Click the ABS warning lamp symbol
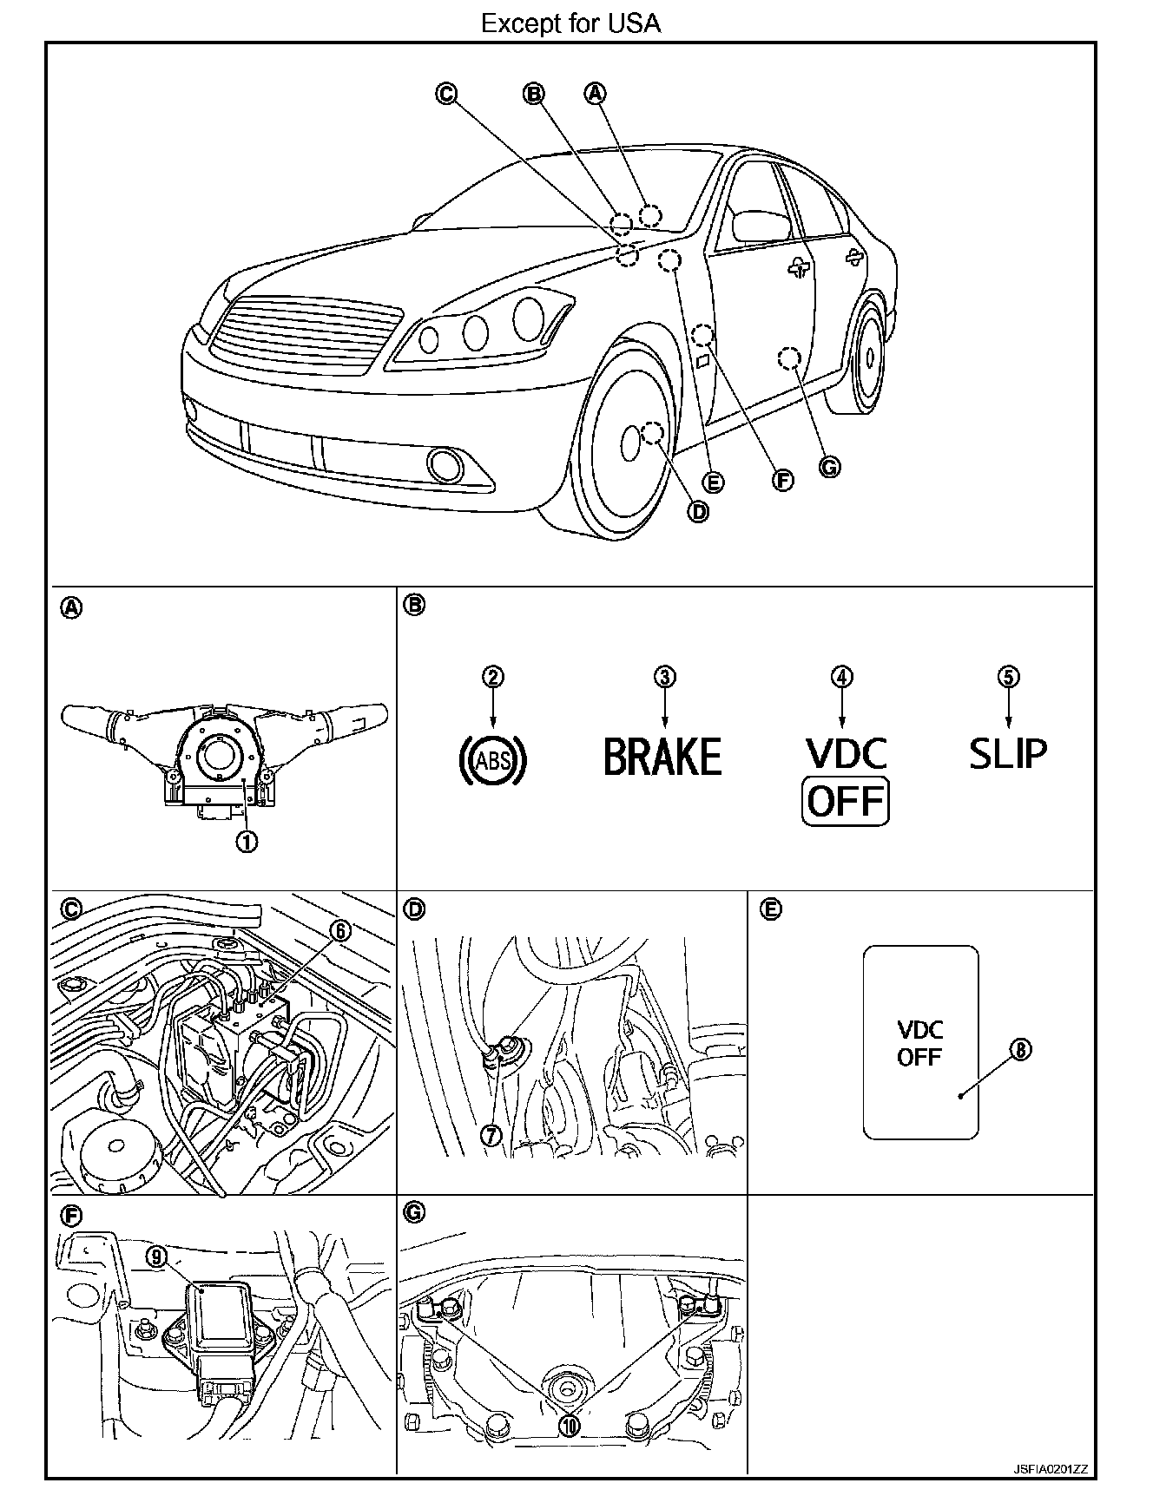click(x=492, y=760)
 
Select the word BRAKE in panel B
click(x=662, y=757)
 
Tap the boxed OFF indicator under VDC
click(x=846, y=802)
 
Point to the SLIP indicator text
click(x=1008, y=753)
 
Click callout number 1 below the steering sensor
click(x=247, y=841)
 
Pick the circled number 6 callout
click(x=340, y=931)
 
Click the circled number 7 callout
click(x=491, y=1134)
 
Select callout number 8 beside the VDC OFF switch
click(x=1021, y=1050)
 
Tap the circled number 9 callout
click(x=156, y=1257)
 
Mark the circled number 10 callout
click(x=570, y=1426)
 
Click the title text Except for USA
click(x=570, y=23)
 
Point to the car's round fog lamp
click(x=446, y=465)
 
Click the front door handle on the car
click(x=799, y=269)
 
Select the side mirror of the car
click(x=761, y=225)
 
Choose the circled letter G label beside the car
click(x=829, y=467)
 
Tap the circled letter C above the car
click(x=445, y=94)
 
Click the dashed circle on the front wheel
click(x=653, y=432)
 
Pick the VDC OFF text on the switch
click(x=919, y=1043)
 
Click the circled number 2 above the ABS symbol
click(x=493, y=677)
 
